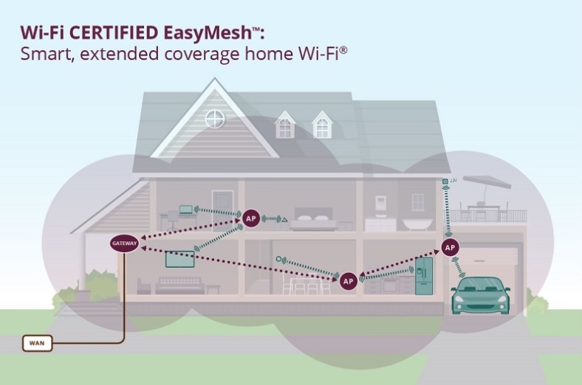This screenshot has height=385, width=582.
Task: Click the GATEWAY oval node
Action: tap(125, 243)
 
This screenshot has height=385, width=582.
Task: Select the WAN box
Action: tap(37, 343)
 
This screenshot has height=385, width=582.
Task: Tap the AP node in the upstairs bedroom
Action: tap(251, 218)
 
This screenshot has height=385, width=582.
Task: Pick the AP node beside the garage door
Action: tap(450, 248)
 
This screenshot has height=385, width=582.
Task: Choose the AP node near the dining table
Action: tap(348, 281)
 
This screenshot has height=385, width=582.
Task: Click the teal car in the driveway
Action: tap(480, 295)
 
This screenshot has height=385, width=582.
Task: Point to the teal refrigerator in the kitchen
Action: tap(424, 276)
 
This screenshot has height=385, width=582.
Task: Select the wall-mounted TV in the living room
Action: tap(180, 259)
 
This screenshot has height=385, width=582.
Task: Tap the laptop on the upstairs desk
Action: tap(185, 209)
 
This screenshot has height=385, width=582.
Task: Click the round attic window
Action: tap(215, 119)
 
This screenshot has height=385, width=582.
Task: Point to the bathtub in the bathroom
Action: tap(417, 224)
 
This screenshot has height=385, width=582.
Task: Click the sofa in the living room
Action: tap(180, 285)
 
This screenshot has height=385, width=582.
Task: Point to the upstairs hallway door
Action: tap(222, 211)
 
